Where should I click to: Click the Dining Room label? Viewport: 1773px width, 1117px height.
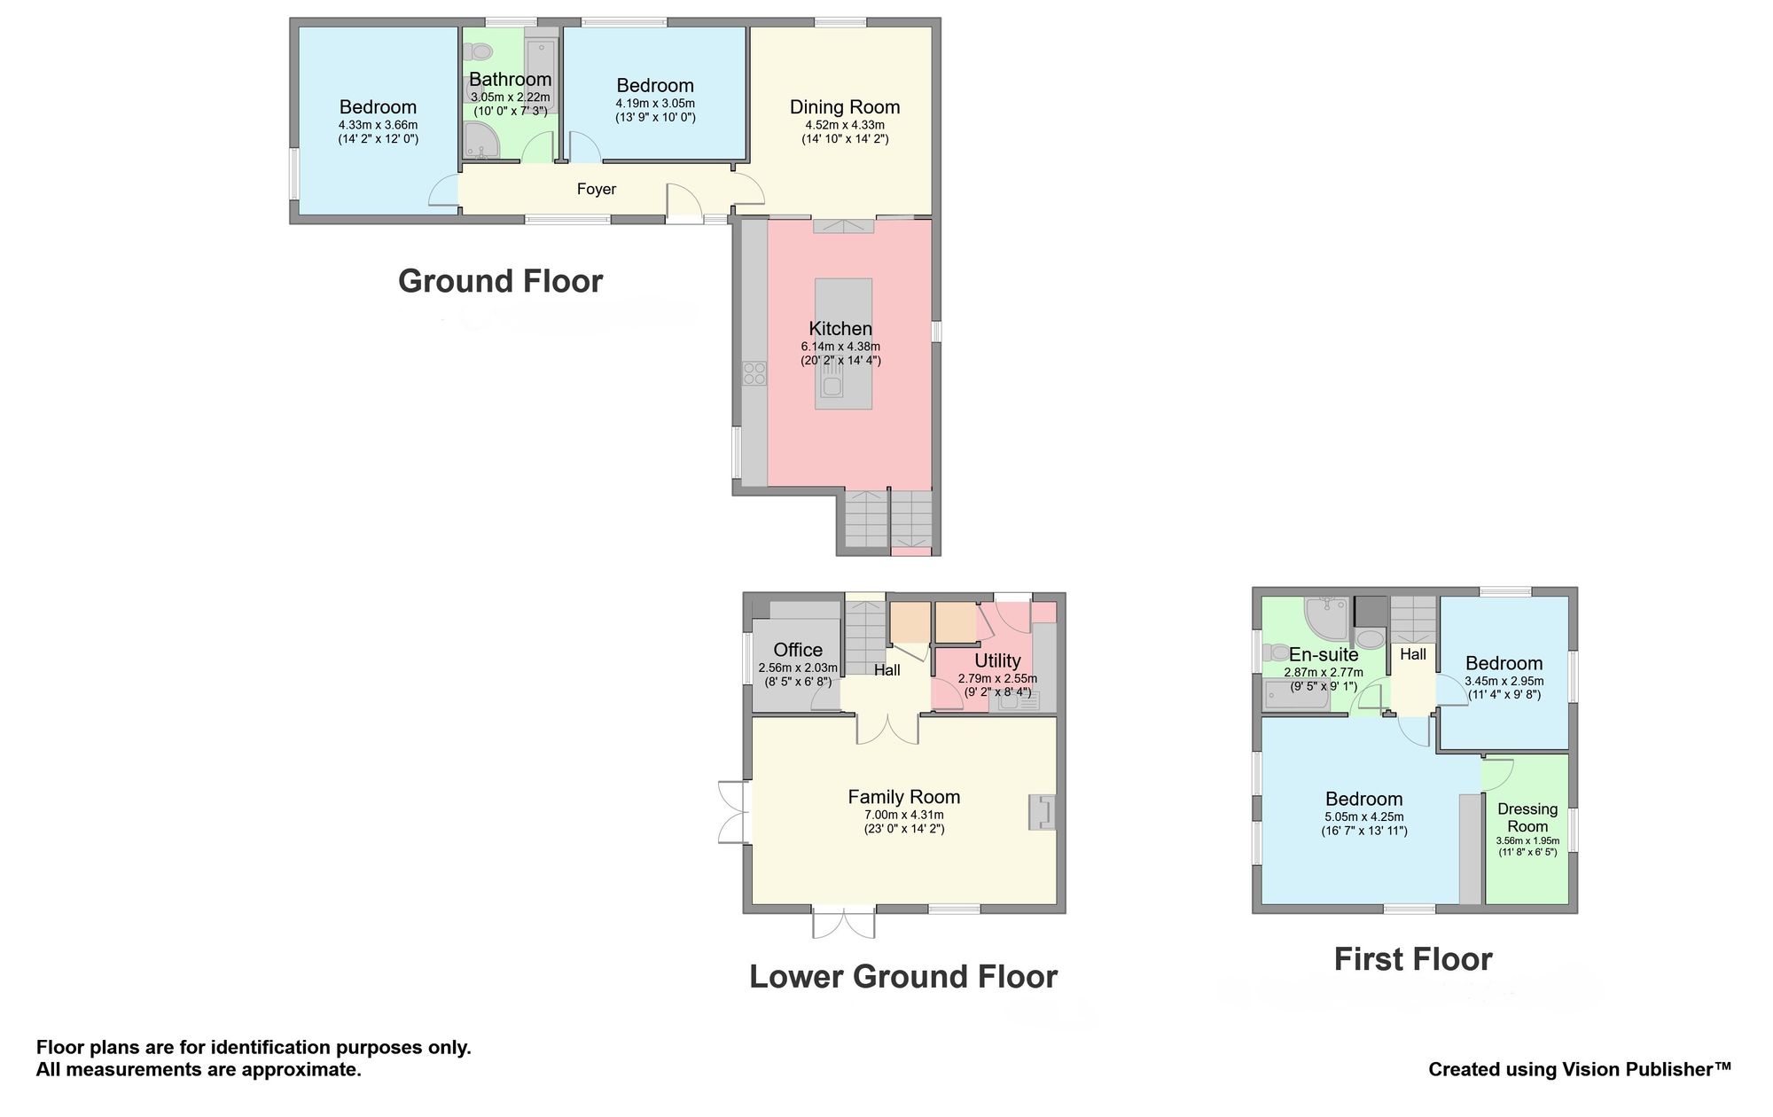[x=845, y=107]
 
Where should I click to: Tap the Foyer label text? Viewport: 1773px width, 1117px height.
[x=597, y=189]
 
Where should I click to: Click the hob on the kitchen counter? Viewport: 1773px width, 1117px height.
[x=755, y=373]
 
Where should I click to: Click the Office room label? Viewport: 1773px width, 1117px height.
[x=798, y=650]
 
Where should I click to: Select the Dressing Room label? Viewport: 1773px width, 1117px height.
[x=1527, y=817]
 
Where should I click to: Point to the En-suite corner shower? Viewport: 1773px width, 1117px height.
[x=1328, y=618]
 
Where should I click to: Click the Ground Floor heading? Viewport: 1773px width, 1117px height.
[x=501, y=281]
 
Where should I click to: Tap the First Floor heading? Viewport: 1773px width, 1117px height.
[x=1413, y=959]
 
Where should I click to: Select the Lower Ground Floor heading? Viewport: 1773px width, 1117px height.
[x=903, y=977]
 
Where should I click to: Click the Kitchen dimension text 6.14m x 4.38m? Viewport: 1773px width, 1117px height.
[x=840, y=347]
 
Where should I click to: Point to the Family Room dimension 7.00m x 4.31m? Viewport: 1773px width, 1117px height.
[x=904, y=816]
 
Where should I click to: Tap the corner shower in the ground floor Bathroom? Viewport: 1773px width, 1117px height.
[x=481, y=142]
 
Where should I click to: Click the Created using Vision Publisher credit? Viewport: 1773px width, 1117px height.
[x=1580, y=1070]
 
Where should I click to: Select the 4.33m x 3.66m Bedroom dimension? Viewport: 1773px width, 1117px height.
[x=378, y=126]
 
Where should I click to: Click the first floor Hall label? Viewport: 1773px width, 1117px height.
[x=1413, y=654]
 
